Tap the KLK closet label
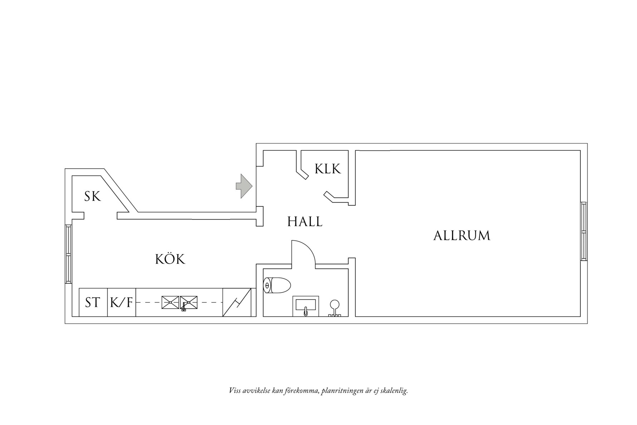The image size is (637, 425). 327,169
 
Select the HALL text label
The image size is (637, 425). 305,222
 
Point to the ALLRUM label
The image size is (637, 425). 462,236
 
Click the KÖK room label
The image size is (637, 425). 170,259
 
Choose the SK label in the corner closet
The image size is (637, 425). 93,197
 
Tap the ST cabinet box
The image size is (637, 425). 93,303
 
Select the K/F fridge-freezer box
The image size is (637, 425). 121,303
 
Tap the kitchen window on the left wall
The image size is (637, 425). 68,254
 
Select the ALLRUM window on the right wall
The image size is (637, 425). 583,231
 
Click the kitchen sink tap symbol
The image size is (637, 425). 184,307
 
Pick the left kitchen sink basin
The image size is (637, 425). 170,302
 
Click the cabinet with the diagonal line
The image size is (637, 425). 237,303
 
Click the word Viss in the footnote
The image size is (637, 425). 235,390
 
